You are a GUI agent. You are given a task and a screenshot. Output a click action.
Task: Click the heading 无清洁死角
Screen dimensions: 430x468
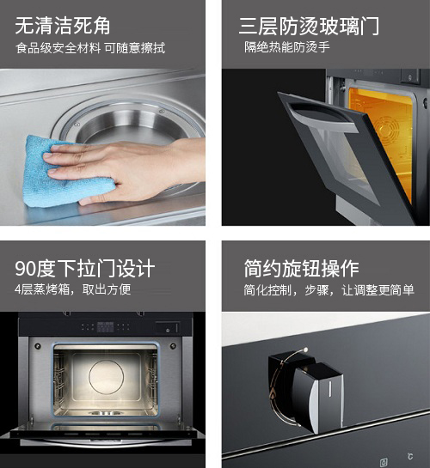click(x=63, y=26)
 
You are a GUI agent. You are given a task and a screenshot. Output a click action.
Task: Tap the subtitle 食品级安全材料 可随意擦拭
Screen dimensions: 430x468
click(x=90, y=48)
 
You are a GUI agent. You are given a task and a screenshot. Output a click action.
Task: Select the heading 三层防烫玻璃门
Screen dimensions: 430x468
click(x=309, y=26)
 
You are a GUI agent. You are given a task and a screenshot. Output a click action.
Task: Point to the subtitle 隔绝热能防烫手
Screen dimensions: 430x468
click(x=287, y=47)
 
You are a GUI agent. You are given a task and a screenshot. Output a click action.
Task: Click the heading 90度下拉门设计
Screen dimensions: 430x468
click(x=84, y=268)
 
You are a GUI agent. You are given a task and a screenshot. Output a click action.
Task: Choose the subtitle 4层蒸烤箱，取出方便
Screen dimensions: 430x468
click(x=72, y=289)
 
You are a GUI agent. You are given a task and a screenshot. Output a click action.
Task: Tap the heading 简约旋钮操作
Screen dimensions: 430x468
click(x=301, y=268)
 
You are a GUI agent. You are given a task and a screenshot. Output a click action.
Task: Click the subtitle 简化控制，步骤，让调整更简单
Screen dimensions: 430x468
click(x=329, y=289)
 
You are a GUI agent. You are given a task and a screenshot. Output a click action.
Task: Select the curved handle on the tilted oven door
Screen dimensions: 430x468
click(x=322, y=116)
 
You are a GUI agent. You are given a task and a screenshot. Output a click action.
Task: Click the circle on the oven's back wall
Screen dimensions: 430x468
click(x=106, y=377)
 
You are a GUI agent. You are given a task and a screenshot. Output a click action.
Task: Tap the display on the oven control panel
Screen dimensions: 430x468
click(x=106, y=327)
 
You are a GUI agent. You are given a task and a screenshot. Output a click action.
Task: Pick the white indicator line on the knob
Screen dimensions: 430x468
click(x=330, y=389)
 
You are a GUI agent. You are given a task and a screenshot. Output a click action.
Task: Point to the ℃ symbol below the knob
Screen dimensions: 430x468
click(x=410, y=456)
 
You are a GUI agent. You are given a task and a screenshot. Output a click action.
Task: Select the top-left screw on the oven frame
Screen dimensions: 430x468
click(x=38, y=346)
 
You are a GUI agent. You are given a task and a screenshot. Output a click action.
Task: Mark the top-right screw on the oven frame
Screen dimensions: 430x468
click(x=173, y=346)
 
